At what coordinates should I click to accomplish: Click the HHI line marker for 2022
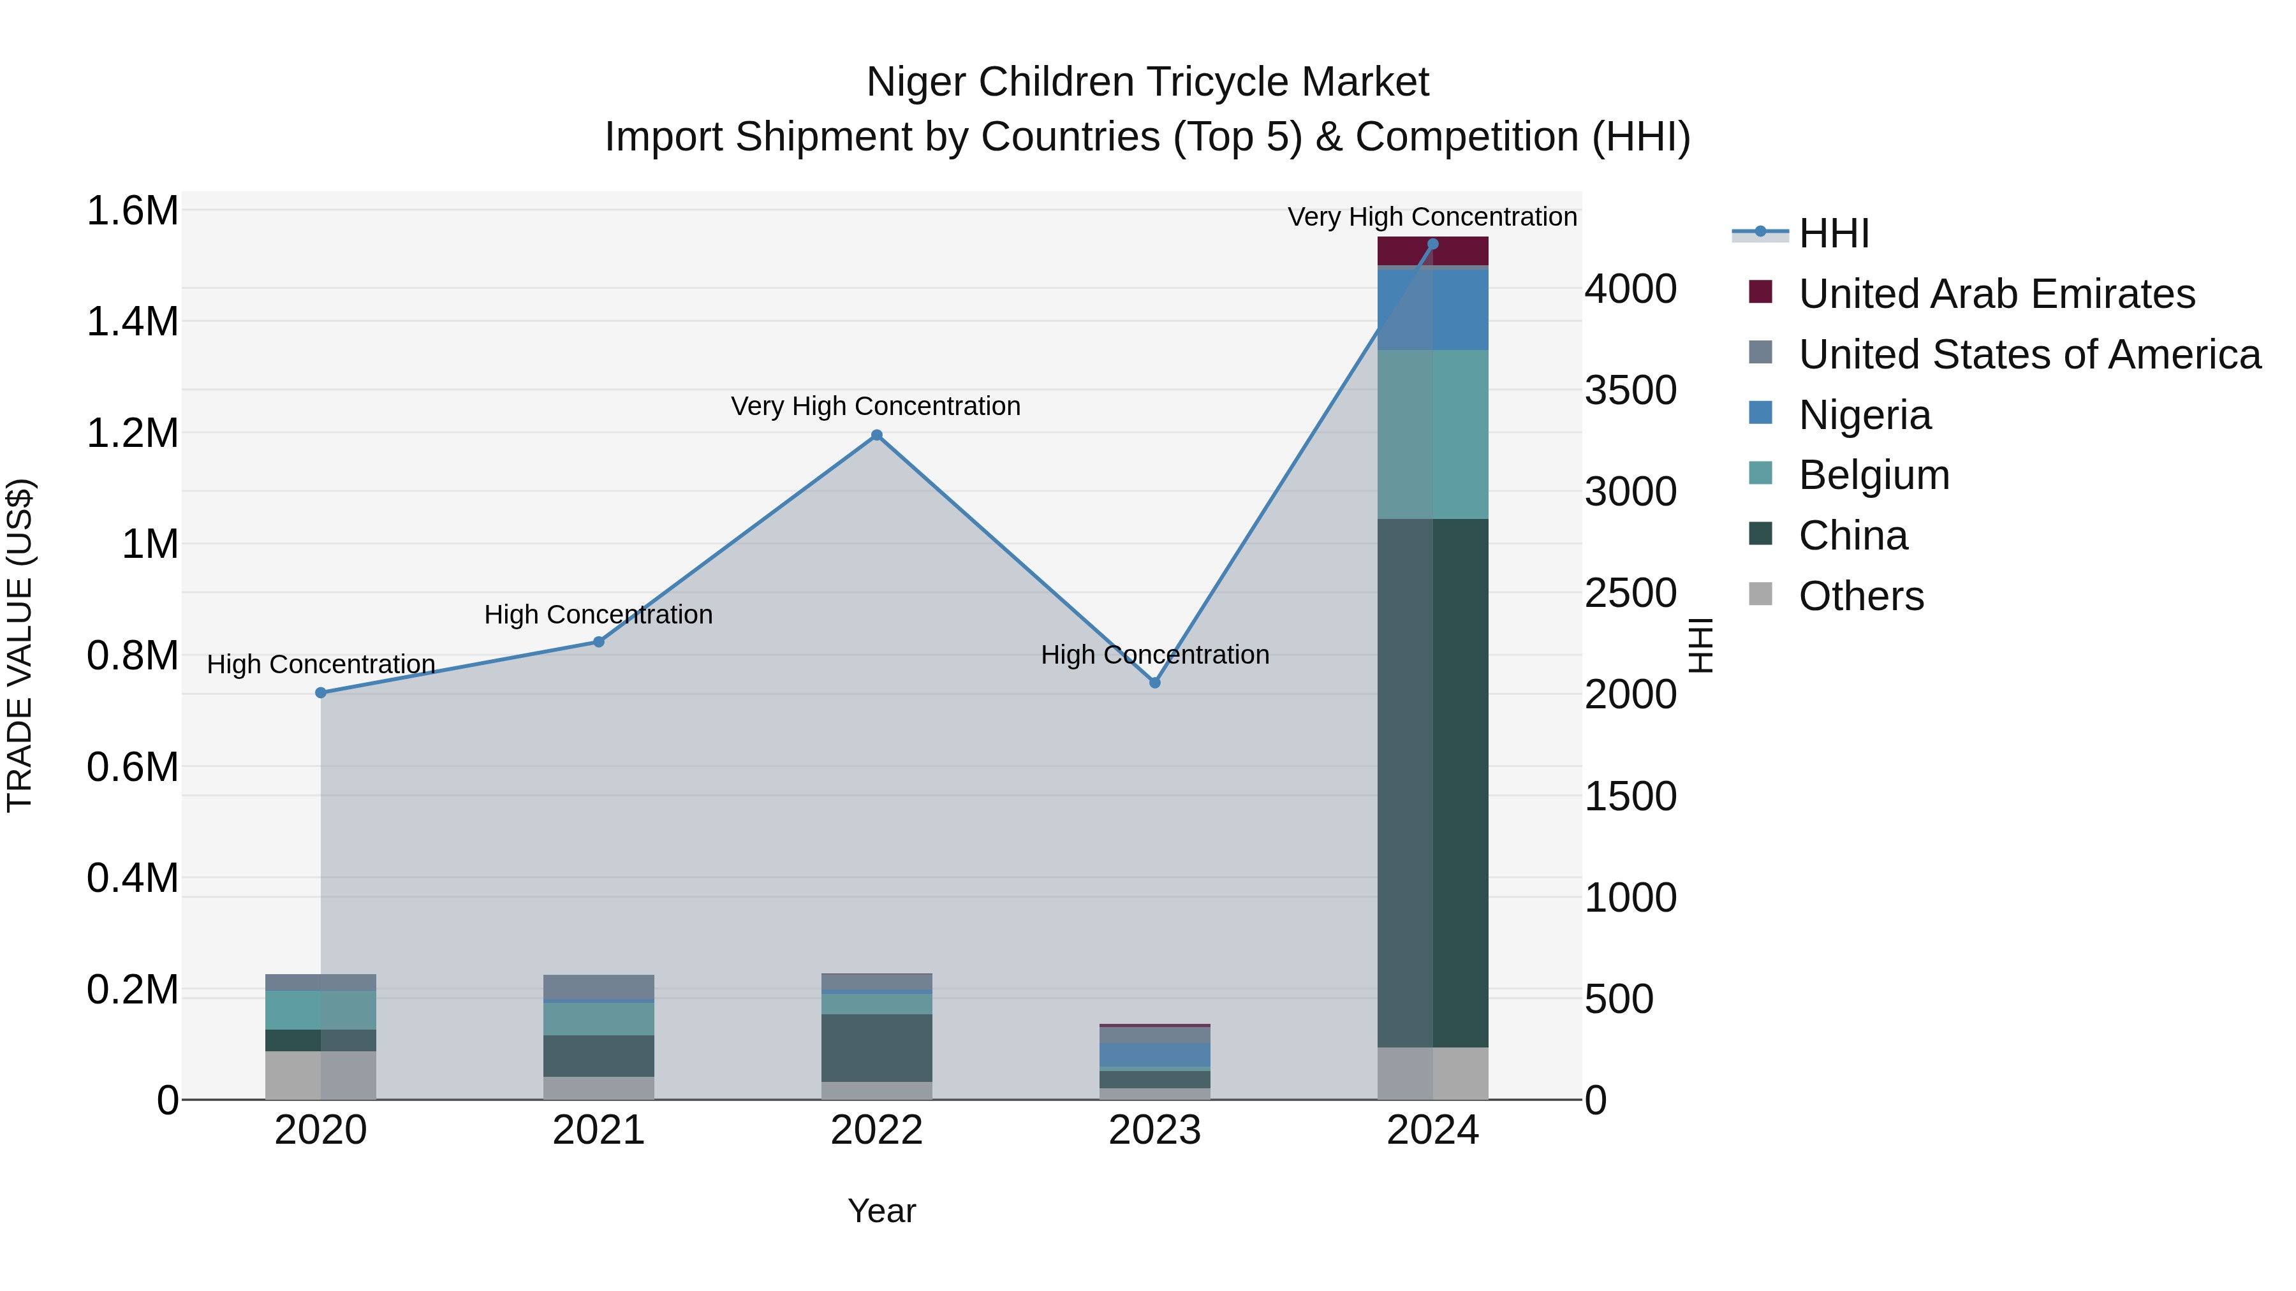click(x=876, y=435)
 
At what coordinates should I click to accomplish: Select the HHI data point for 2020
click(x=321, y=692)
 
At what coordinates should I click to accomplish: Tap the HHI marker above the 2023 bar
click(x=1154, y=682)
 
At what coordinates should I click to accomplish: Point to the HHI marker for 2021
click(x=599, y=641)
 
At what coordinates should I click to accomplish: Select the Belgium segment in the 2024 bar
click(x=1432, y=434)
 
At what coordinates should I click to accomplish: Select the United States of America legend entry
click(x=2029, y=354)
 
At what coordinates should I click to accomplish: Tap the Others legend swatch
click(x=1760, y=594)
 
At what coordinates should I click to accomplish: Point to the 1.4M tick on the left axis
click(x=133, y=322)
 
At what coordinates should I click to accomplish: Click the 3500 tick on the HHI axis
click(x=1630, y=390)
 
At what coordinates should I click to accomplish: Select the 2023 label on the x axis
click(x=1154, y=1130)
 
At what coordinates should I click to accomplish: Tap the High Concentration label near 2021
click(x=598, y=615)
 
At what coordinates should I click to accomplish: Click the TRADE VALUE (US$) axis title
click(x=20, y=645)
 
